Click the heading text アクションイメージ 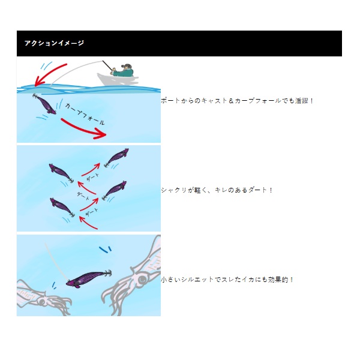[54, 43]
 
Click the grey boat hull [117, 79]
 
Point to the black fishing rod [107, 65]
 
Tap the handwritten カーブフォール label [85, 114]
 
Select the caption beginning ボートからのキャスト [237, 101]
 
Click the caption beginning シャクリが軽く [217, 190]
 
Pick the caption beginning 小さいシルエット [227, 280]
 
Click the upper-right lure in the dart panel [116, 157]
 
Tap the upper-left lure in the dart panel [61, 173]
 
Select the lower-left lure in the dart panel [62, 208]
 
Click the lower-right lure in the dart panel [114, 190]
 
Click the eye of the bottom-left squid [42, 302]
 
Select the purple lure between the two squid [89, 278]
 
